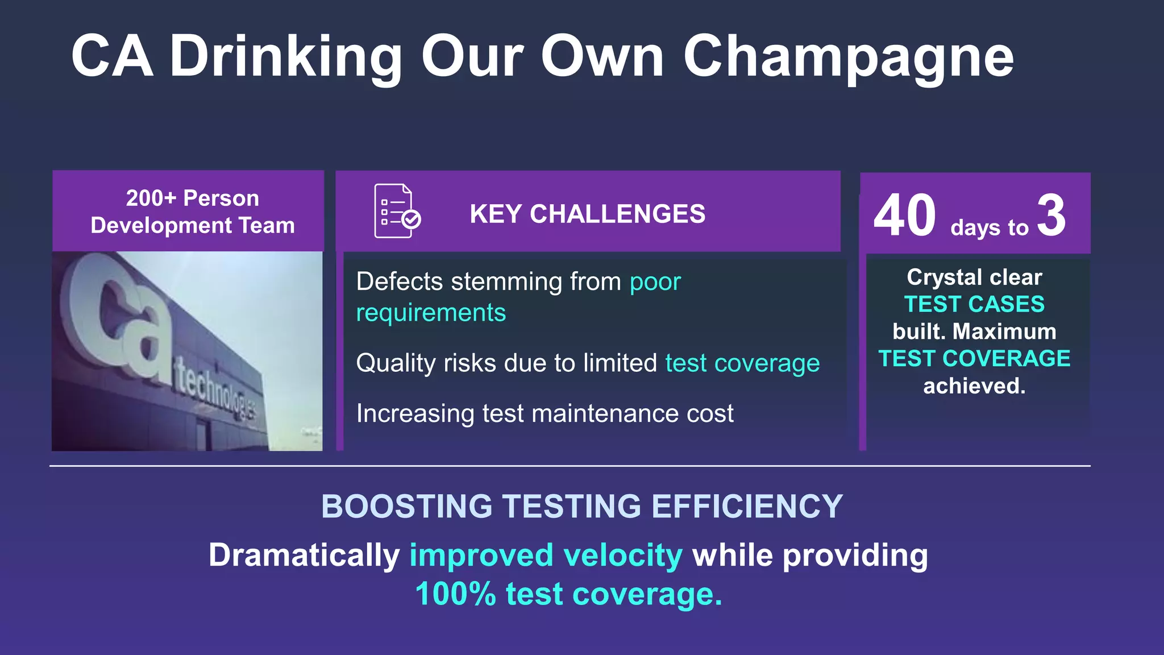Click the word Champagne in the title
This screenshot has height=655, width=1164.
pyautogui.click(x=848, y=57)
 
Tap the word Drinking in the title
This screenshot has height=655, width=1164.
pyautogui.click(x=286, y=57)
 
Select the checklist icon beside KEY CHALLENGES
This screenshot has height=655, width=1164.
pyautogui.click(x=397, y=211)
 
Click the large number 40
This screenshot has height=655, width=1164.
pyautogui.click(x=904, y=215)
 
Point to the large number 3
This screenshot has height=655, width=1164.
pyautogui.click(x=1051, y=215)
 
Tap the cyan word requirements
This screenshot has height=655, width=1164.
pyautogui.click(x=431, y=313)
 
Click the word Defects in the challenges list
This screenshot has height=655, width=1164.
pyautogui.click(x=400, y=282)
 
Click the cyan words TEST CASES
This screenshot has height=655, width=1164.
pyautogui.click(x=974, y=304)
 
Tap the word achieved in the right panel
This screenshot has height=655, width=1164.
pyautogui.click(x=974, y=386)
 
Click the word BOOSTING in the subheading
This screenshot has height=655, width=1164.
pyautogui.click(x=406, y=506)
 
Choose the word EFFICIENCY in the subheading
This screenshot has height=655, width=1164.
pyautogui.click(x=747, y=506)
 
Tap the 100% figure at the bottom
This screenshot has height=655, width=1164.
pyautogui.click(x=455, y=594)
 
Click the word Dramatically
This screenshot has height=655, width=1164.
pyautogui.click(x=304, y=555)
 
